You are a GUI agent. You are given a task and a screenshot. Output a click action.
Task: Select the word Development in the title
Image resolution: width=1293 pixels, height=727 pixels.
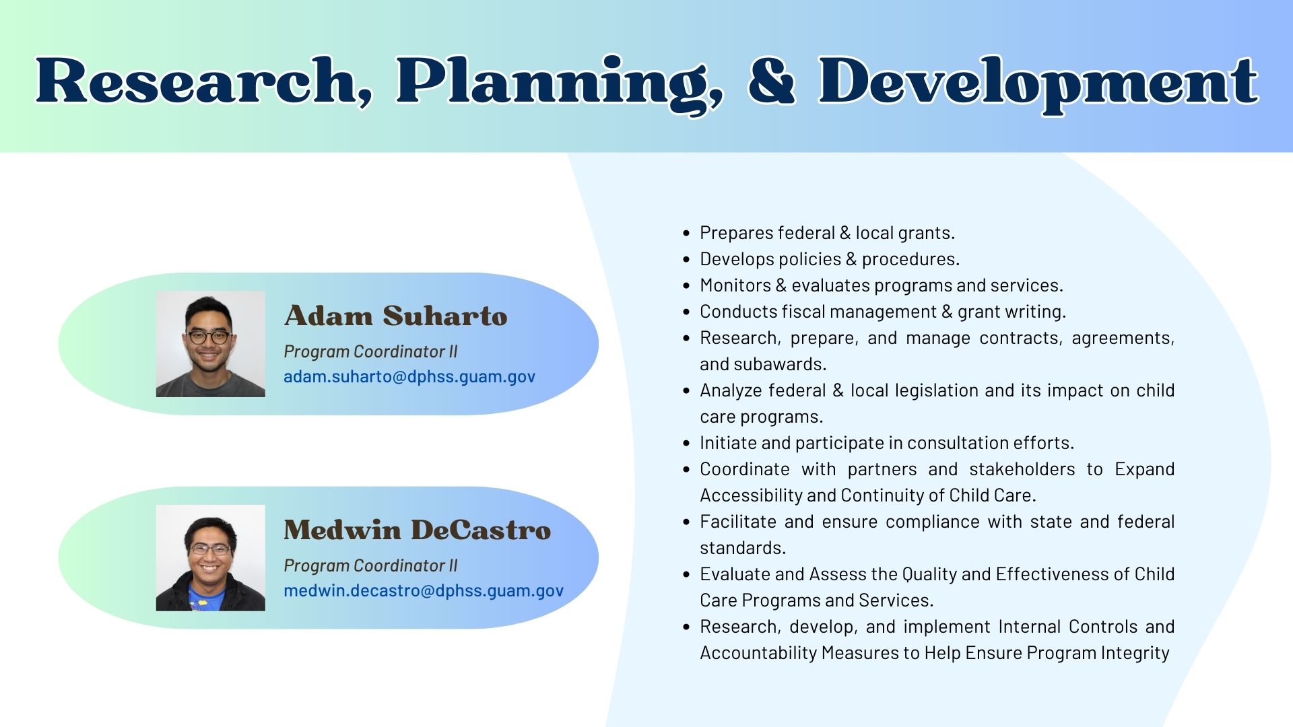click(1037, 82)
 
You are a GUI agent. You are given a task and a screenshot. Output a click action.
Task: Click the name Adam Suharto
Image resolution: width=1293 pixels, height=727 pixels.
click(395, 316)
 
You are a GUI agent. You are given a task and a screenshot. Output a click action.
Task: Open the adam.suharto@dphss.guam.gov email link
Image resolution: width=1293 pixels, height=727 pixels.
click(409, 376)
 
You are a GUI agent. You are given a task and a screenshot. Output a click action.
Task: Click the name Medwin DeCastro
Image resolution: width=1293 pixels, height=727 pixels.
click(417, 530)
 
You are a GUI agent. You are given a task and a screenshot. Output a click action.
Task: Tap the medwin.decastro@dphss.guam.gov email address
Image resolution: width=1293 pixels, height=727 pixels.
click(423, 590)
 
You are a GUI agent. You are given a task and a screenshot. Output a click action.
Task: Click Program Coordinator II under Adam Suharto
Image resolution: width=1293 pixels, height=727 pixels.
click(370, 351)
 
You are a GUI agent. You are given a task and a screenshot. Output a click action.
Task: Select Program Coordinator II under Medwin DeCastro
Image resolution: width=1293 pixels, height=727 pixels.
click(370, 565)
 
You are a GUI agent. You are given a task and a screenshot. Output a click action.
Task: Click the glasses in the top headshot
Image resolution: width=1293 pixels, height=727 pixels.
click(209, 337)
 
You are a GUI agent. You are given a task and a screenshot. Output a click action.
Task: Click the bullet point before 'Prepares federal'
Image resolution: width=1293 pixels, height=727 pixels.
click(686, 234)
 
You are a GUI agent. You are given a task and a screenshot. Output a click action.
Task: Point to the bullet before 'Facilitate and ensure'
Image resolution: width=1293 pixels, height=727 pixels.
click(686, 522)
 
